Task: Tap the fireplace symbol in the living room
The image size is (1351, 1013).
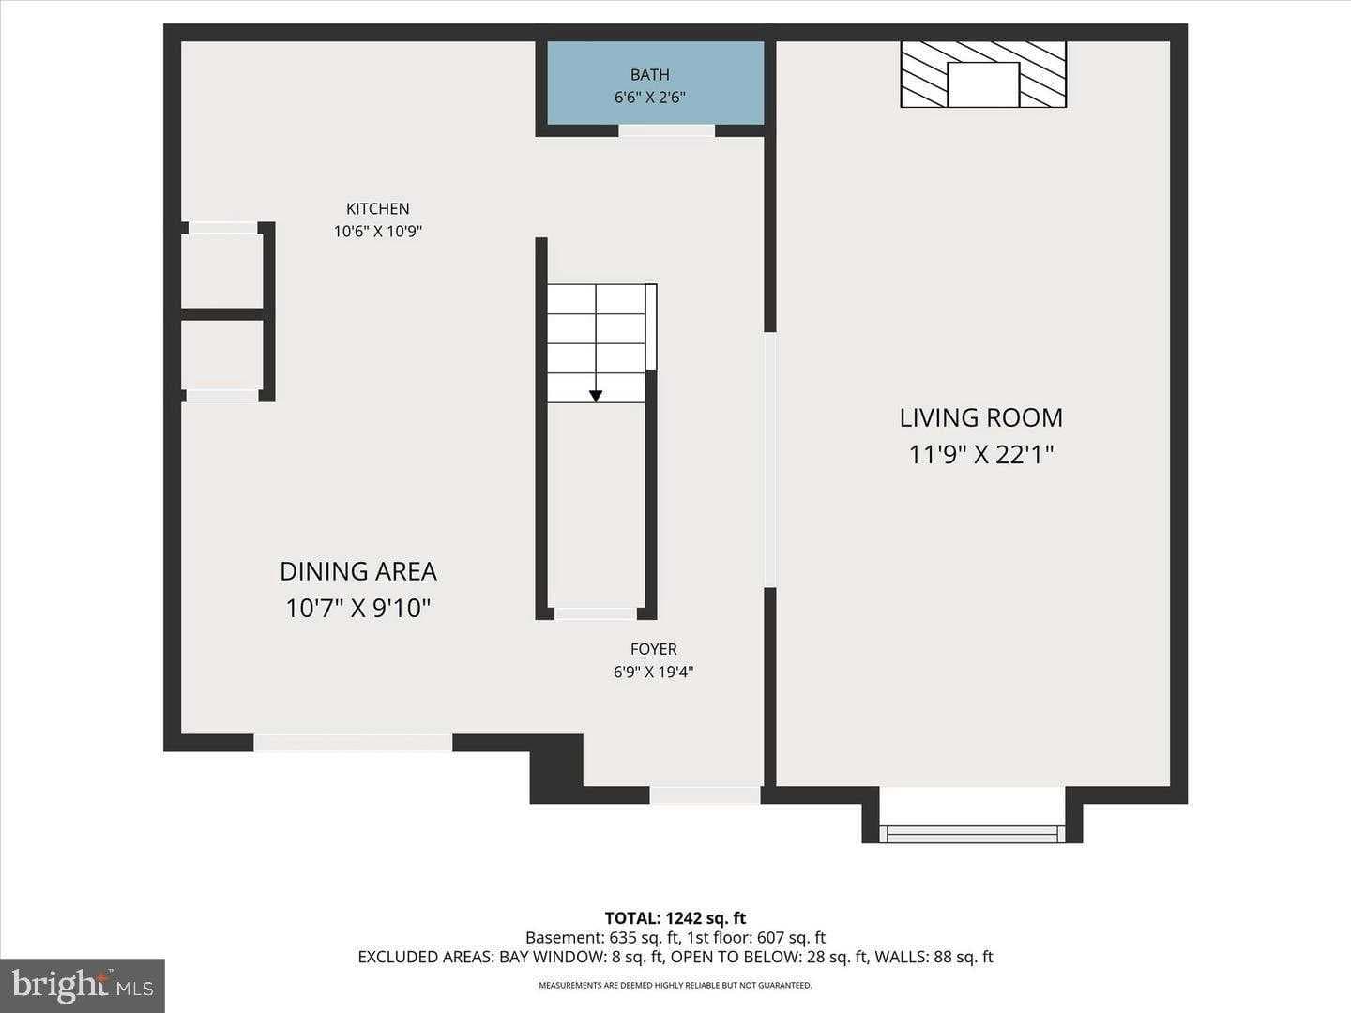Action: point(982,74)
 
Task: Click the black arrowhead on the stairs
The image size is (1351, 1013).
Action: point(596,396)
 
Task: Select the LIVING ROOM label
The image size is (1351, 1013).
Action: point(981,417)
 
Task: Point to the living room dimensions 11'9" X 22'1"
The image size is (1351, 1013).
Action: point(981,455)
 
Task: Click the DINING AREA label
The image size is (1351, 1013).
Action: point(358,571)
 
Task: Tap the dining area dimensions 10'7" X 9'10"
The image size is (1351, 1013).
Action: point(358,609)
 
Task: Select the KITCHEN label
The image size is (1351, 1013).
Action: point(378,209)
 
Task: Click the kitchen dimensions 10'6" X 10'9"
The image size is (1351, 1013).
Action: point(378,232)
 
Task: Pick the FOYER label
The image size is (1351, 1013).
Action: point(653,649)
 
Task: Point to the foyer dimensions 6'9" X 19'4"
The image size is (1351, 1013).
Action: point(653,672)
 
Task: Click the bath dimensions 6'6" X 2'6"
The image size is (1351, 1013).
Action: point(650,98)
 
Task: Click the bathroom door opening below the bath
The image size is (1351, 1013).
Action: point(666,130)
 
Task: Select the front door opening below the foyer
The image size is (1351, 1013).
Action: point(705,795)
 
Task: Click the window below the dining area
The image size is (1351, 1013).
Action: point(353,743)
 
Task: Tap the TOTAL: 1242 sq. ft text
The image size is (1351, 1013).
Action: point(675,918)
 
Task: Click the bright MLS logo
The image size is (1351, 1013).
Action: point(83,985)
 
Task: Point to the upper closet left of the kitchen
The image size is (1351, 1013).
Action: point(221,270)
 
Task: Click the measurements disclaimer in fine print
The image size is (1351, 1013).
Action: point(675,986)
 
